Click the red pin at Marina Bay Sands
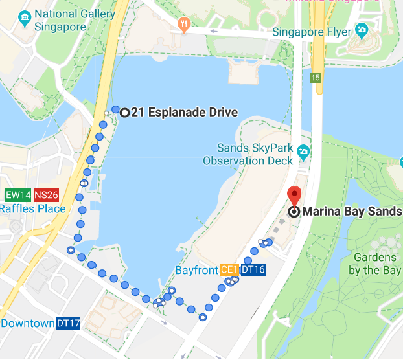point(294,196)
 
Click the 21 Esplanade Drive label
point(184,113)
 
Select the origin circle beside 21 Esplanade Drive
point(124,112)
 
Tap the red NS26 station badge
point(47,195)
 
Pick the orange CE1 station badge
point(229,269)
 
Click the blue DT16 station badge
point(252,269)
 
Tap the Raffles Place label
point(32,208)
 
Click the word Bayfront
point(196,269)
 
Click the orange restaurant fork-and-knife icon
point(184,25)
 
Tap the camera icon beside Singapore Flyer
point(362,30)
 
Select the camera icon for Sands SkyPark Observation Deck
point(303,152)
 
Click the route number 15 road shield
point(315,78)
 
